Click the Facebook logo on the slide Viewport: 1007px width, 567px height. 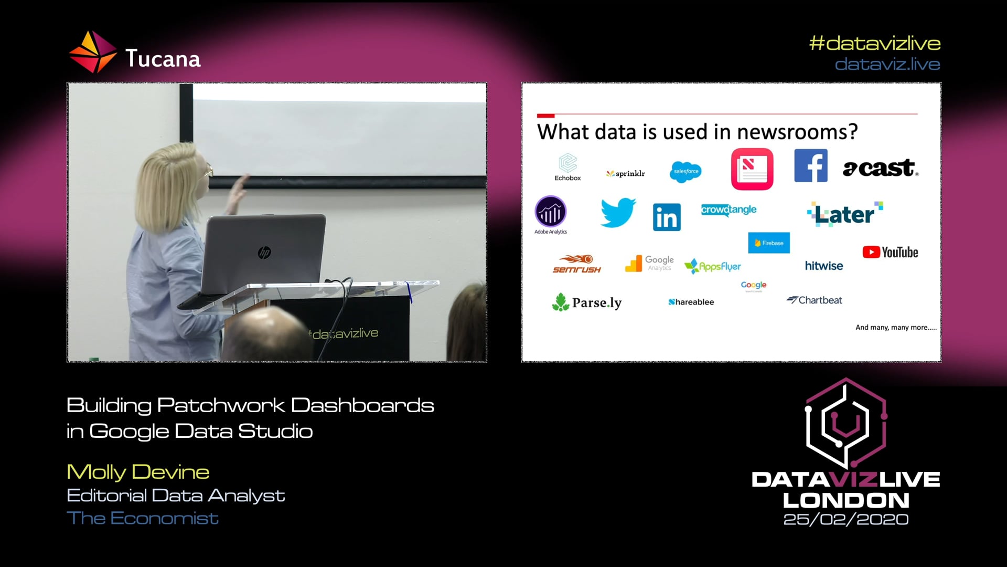click(810, 165)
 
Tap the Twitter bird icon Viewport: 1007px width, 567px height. click(618, 212)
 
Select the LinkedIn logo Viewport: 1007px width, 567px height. click(667, 217)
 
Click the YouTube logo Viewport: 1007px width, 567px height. click(890, 253)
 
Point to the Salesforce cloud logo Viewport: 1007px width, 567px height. click(685, 172)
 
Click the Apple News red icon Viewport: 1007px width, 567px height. click(752, 169)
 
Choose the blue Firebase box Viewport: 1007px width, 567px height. click(768, 243)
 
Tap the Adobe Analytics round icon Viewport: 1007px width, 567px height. click(550, 212)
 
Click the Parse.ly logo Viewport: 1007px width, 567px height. click(586, 302)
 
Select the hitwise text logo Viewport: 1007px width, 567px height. click(823, 266)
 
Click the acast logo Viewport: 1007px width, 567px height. click(880, 168)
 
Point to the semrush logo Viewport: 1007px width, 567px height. click(576, 264)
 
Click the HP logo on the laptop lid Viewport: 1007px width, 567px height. click(264, 253)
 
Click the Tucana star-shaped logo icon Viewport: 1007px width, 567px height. click(92, 52)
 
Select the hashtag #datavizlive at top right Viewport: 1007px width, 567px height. click(874, 43)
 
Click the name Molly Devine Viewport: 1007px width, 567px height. click(138, 472)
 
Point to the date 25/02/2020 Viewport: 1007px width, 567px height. click(845, 519)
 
